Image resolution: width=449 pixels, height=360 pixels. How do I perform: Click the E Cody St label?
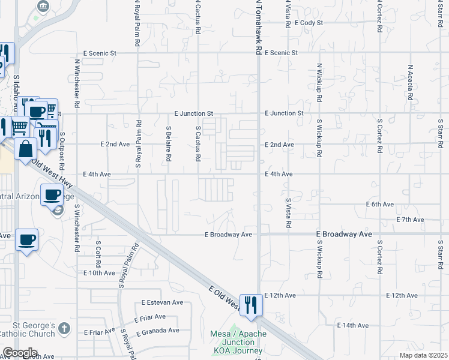tap(309, 23)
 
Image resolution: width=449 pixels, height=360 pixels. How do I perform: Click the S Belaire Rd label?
tap(169, 143)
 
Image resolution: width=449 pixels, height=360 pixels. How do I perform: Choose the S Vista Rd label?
tap(289, 212)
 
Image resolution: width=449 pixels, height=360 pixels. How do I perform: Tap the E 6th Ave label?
tap(380, 205)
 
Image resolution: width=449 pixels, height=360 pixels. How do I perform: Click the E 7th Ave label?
tap(411, 220)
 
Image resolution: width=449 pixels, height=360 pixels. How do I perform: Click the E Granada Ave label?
tap(158, 331)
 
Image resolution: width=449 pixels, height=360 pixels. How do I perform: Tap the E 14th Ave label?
tap(352, 325)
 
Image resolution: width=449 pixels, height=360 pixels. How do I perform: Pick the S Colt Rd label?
tap(98, 254)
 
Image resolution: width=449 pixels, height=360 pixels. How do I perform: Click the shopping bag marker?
tap(26, 148)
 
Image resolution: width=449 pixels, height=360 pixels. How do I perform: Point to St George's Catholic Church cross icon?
tap(65, 328)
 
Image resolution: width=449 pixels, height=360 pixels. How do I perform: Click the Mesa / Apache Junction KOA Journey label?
tap(237, 342)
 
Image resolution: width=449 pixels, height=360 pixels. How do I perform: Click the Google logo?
tap(20, 353)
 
